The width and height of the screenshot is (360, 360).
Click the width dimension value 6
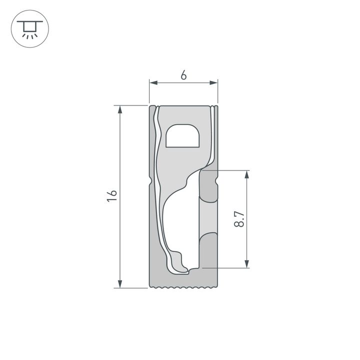point(183,75)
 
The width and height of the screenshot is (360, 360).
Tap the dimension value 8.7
point(239,219)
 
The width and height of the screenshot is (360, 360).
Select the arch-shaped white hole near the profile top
point(183,136)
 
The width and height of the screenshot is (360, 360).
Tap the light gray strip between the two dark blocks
point(209,217)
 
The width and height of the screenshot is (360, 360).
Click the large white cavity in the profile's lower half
point(180,220)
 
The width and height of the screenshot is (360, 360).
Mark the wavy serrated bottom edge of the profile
point(184,287)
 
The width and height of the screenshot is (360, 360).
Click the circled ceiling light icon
point(29,29)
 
